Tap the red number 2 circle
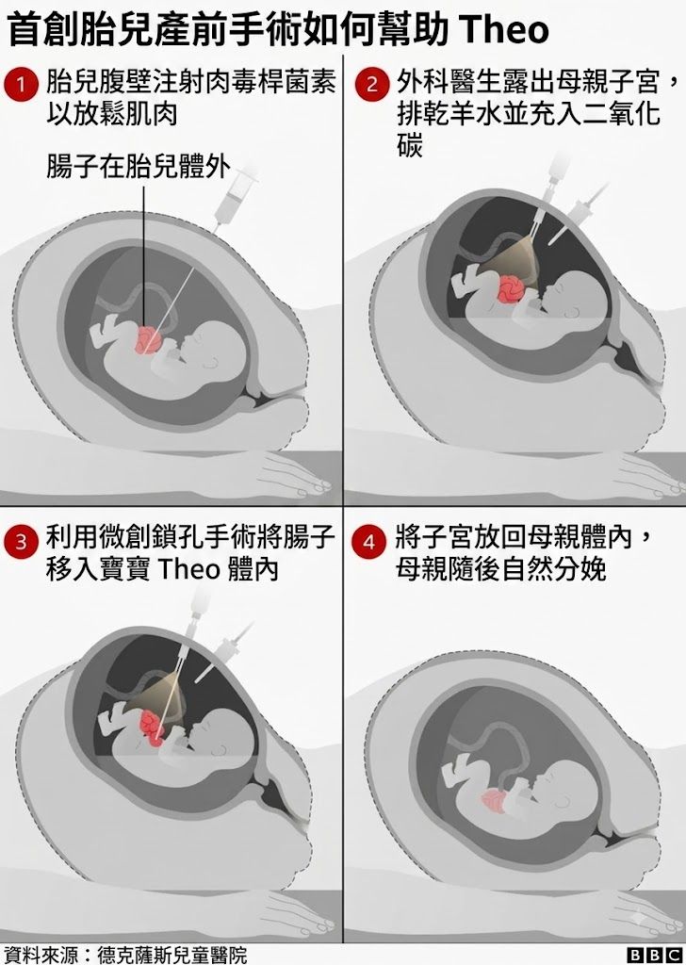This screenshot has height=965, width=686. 371,85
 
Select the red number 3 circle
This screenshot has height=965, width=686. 21,542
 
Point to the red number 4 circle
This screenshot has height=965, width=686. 369,542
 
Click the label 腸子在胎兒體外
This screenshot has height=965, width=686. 139,167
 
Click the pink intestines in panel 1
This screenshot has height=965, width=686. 149,340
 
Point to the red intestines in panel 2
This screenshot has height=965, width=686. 510,289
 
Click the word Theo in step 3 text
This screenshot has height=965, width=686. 188,570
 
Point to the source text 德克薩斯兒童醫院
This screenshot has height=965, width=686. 171,955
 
